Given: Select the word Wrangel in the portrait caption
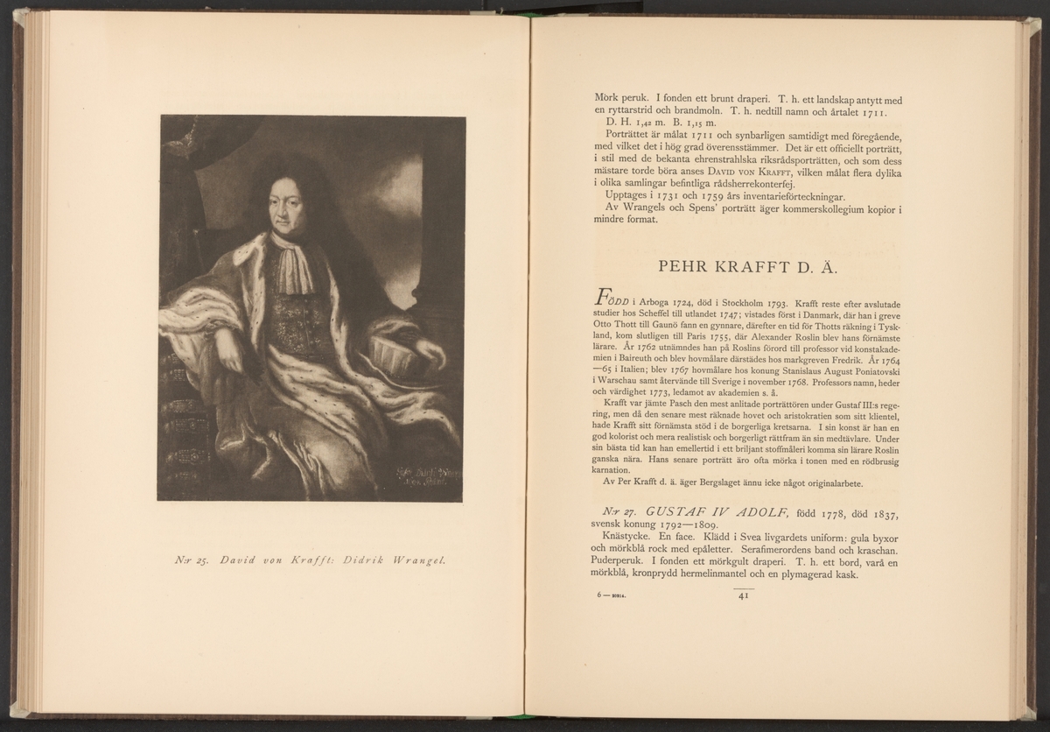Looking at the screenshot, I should (414, 560).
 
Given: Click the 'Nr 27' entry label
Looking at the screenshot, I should (607, 510).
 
